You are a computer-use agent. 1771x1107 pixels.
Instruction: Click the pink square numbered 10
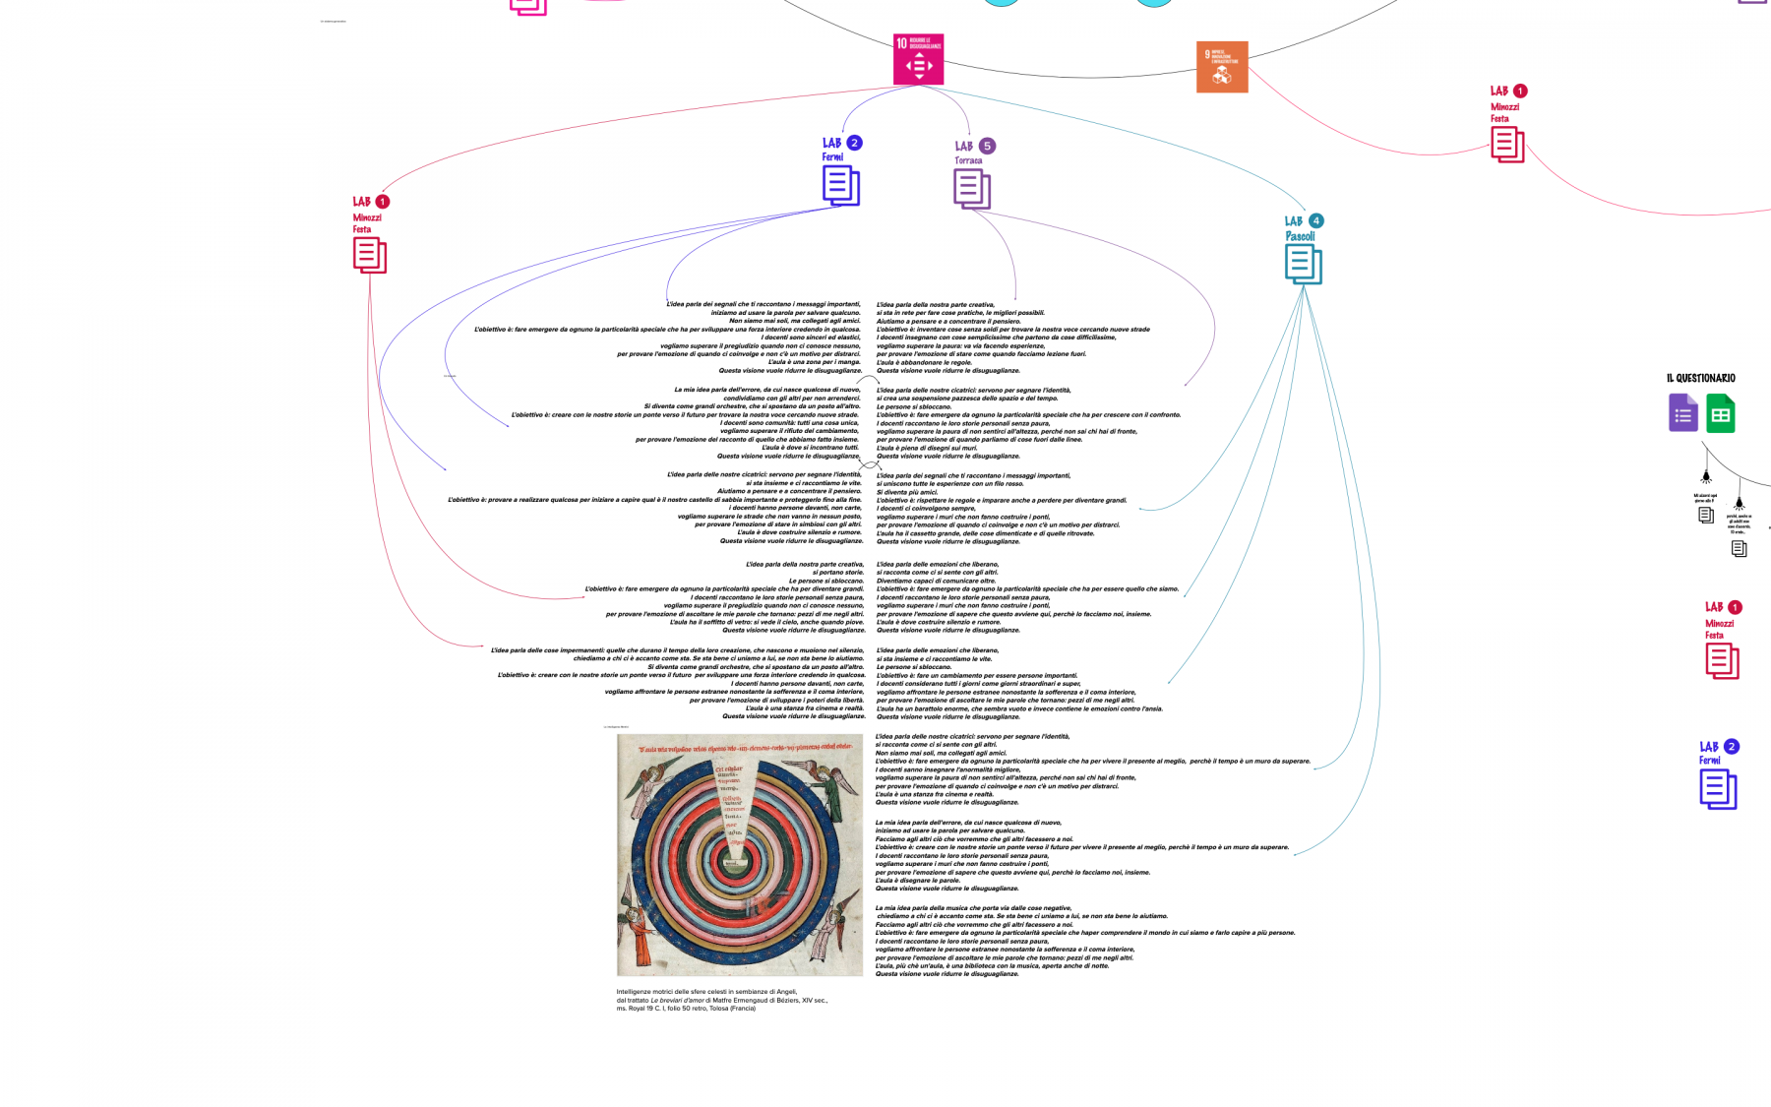(x=918, y=59)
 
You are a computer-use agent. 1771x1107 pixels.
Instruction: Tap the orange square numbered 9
(x=1222, y=67)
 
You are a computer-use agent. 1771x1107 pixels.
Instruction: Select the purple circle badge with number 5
(x=987, y=146)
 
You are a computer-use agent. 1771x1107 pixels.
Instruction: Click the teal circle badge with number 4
(x=1315, y=220)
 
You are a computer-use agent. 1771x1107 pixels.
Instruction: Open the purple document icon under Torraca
(x=971, y=188)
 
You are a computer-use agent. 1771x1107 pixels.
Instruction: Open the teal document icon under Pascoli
(x=1303, y=264)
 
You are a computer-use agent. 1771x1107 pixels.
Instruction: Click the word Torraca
(x=968, y=160)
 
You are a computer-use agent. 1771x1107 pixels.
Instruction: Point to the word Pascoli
(x=1300, y=236)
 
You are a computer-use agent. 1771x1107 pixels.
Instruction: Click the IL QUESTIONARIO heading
(x=1700, y=378)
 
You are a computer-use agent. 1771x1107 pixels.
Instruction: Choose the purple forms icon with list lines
(x=1683, y=413)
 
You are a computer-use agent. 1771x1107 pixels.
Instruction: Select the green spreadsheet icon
(x=1720, y=414)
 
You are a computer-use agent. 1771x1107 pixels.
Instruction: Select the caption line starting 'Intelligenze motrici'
(x=705, y=992)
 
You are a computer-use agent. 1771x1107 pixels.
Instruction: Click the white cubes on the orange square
(x=1222, y=74)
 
